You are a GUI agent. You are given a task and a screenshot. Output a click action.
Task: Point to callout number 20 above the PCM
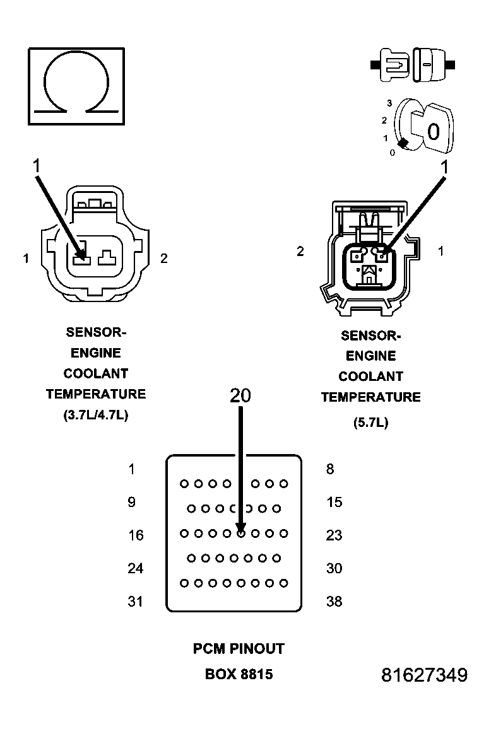click(240, 395)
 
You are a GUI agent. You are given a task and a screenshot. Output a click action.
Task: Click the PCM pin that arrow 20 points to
click(240, 533)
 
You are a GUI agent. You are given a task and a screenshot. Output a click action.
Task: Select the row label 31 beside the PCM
click(136, 602)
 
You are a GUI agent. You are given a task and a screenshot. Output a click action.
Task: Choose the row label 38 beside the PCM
click(334, 602)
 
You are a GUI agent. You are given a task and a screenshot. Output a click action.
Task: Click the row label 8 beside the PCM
click(330, 469)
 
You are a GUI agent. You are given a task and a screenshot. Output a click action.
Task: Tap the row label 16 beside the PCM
click(136, 535)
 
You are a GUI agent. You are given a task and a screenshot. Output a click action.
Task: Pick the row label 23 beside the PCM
click(334, 535)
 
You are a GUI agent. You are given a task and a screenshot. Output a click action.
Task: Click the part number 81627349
click(424, 675)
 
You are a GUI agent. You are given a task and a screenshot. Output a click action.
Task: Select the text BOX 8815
click(239, 674)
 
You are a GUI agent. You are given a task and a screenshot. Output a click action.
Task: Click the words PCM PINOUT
click(239, 648)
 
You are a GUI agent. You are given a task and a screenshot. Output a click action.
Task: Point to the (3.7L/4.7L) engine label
click(95, 415)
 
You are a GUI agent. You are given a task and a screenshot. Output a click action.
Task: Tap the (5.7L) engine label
click(370, 423)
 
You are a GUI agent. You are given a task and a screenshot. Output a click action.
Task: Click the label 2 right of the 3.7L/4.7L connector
click(163, 259)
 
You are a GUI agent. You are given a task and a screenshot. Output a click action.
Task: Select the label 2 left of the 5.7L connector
click(300, 252)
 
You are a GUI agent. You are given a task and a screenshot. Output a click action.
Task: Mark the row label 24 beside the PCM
click(136, 568)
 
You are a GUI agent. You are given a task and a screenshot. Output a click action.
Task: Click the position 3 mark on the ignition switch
click(390, 103)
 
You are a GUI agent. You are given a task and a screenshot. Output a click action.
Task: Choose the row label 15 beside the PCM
click(334, 502)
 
